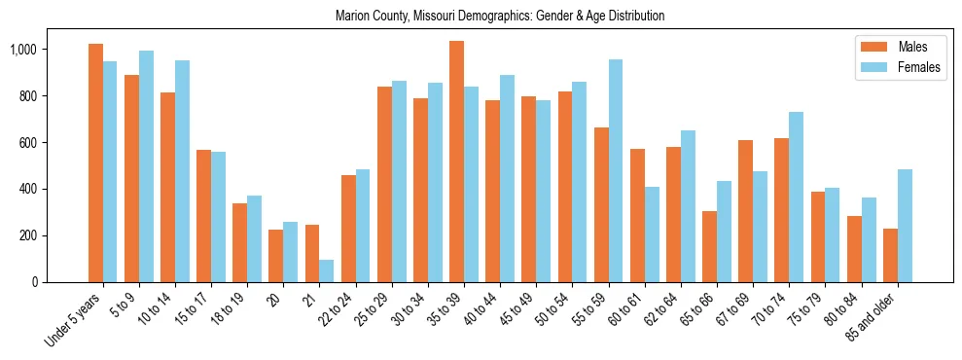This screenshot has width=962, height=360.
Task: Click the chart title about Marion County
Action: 499,17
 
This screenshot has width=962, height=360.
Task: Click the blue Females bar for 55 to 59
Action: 616,170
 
